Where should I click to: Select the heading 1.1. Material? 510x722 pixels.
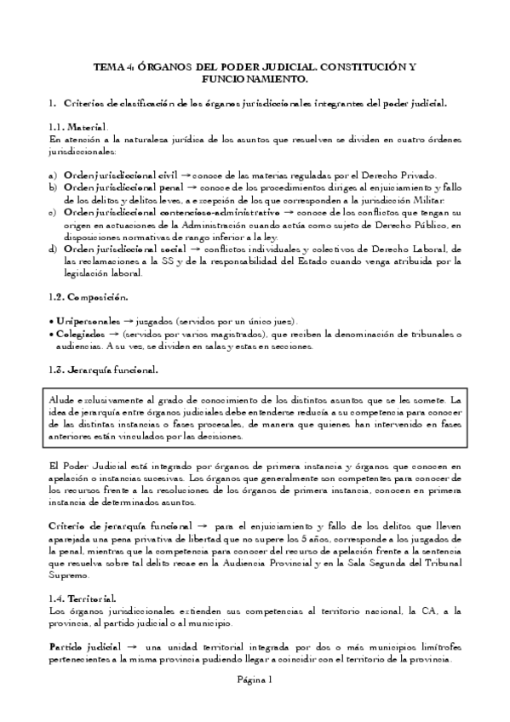point(77,125)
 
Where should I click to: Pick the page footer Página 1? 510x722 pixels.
point(255,679)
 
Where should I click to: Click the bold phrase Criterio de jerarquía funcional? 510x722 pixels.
point(118,527)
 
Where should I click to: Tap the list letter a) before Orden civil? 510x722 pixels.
point(54,174)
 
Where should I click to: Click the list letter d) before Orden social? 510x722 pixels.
point(54,248)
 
